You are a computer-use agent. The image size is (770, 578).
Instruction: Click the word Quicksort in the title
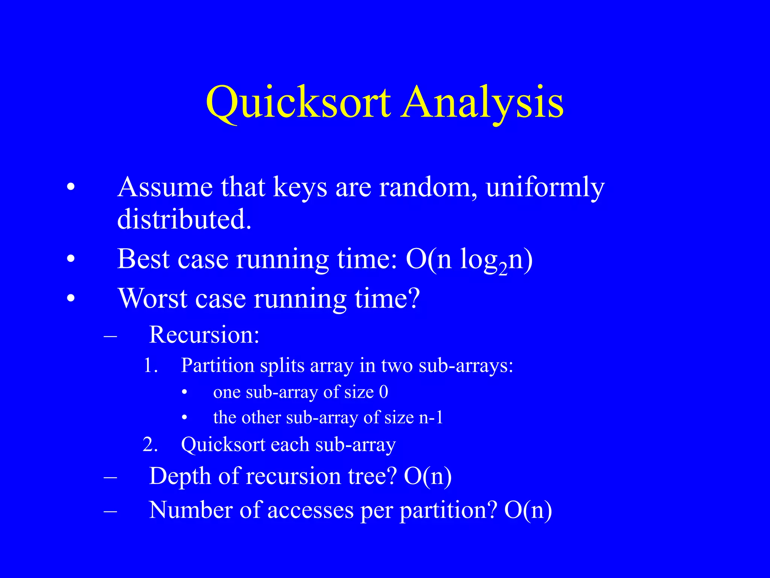pyautogui.click(x=298, y=102)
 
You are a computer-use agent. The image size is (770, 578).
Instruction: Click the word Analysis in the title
pyautogui.click(x=482, y=102)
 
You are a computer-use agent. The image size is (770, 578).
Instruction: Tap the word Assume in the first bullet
pyautogui.click(x=165, y=187)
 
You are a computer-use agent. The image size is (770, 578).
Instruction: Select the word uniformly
pyautogui.click(x=545, y=187)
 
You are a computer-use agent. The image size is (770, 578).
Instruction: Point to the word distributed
pyautogui.click(x=184, y=219)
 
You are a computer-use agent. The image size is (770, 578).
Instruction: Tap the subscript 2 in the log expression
pyautogui.click(x=503, y=270)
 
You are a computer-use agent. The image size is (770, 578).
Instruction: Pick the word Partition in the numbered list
pyautogui.click(x=218, y=365)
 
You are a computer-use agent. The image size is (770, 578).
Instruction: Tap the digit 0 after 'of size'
pyautogui.click(x=383, y=392)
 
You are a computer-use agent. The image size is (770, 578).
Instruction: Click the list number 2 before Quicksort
pyautogui.click(x=150, y=445)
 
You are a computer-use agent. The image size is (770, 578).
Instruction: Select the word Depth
pyautogui.click(x=180, y=476)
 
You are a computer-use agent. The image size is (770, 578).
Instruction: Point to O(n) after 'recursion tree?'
pyautogui.click(x=427, y=476)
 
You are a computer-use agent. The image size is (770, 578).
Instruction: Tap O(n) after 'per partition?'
pyautogui.click(x=528, y=510)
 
